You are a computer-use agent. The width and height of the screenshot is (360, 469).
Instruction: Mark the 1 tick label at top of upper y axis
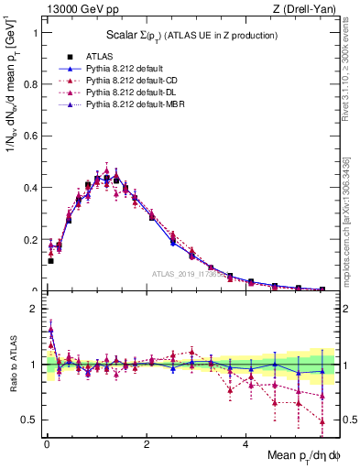coord(34,32)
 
